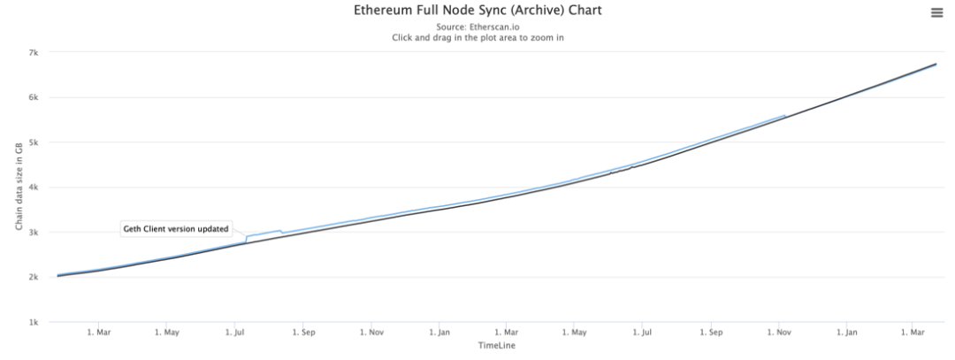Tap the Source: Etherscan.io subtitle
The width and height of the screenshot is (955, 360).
[x=477, y=27]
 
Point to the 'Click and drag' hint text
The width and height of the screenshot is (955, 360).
[x=477, y=38]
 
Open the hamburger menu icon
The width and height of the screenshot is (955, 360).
[x=936, y=13]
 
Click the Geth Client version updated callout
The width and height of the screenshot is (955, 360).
[x=175, y=229]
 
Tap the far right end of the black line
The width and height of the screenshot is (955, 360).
[x=936, y=64]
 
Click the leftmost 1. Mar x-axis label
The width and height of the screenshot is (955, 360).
[x=98, y=333]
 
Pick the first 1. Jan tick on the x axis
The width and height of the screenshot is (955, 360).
[x=439, y=333]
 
